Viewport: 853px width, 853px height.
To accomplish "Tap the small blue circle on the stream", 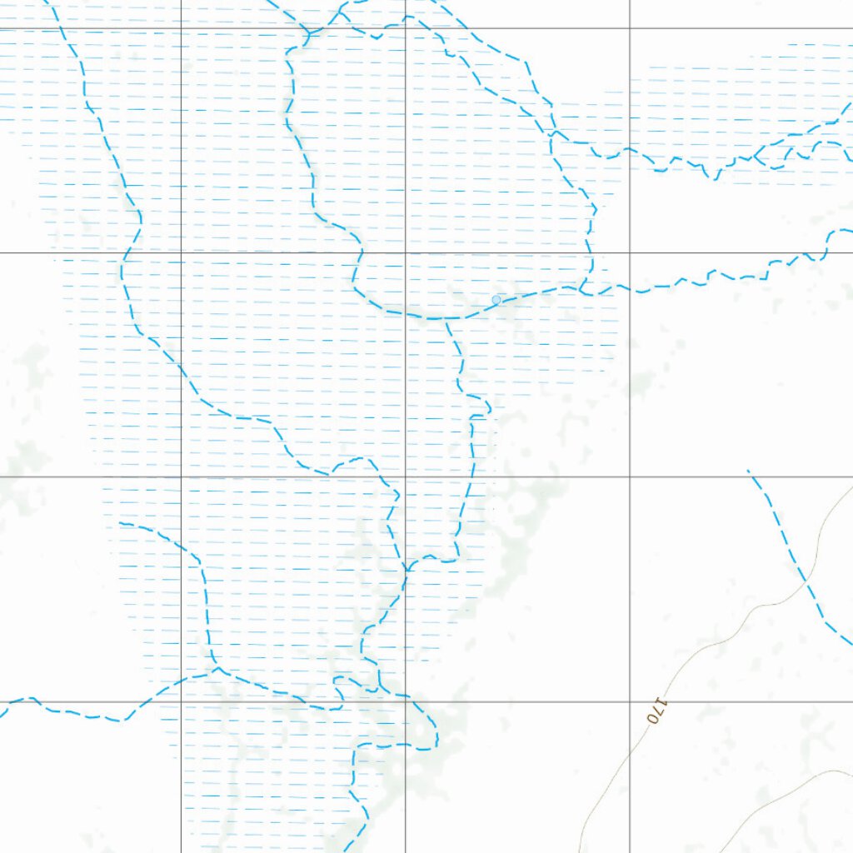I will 496,300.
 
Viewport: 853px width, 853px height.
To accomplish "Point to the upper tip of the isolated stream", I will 748,471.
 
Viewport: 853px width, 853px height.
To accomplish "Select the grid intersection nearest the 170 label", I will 630,701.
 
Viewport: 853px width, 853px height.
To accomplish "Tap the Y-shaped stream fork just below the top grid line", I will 308,34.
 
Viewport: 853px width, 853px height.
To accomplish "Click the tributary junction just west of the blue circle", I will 446,319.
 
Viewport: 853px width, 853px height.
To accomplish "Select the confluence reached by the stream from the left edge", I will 217,668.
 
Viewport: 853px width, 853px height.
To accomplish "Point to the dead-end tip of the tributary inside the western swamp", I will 121,525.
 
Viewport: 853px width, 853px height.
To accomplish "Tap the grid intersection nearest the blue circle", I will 406,252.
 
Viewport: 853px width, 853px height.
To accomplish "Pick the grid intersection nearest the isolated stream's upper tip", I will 630,476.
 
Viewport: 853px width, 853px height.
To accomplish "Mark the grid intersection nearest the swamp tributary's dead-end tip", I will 182,476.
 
